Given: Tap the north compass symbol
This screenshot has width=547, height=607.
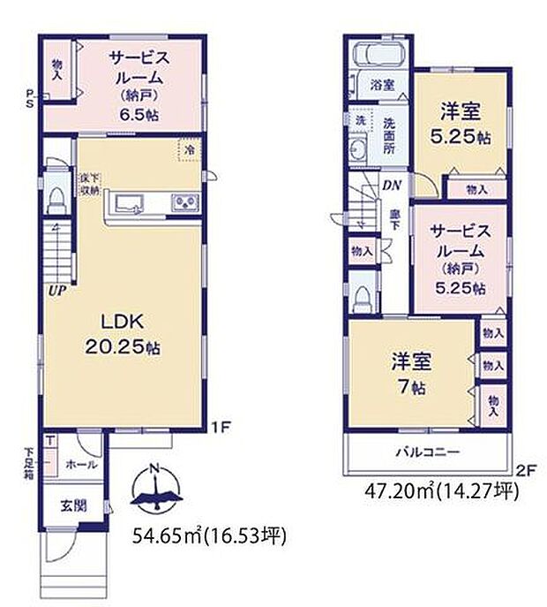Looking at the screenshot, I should click(x=155, y=489).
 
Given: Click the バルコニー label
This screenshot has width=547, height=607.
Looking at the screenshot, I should click(x=427, y=451).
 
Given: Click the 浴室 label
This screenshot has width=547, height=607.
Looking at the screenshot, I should click(x=382, y=86).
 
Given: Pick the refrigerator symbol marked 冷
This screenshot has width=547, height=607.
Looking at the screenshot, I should click(x=190, y=150).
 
